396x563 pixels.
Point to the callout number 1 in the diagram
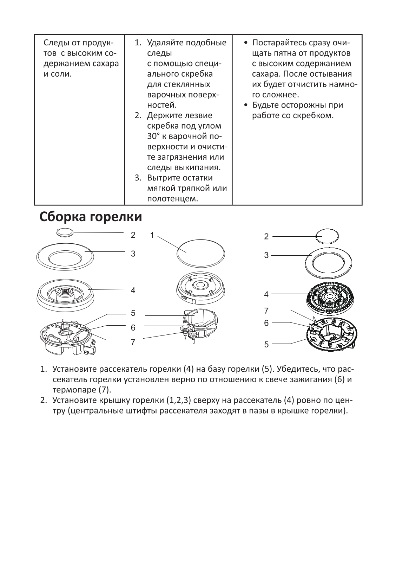[152, 235]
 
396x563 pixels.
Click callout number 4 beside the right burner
[266, 294]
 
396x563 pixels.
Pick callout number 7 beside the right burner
[266, 311]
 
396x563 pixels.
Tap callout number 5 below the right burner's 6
[266, 344]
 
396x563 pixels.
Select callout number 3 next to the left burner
[133, 253]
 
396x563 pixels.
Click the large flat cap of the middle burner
[200, 252]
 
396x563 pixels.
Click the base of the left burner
[67, 338]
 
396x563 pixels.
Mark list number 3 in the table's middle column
[138, 178]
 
